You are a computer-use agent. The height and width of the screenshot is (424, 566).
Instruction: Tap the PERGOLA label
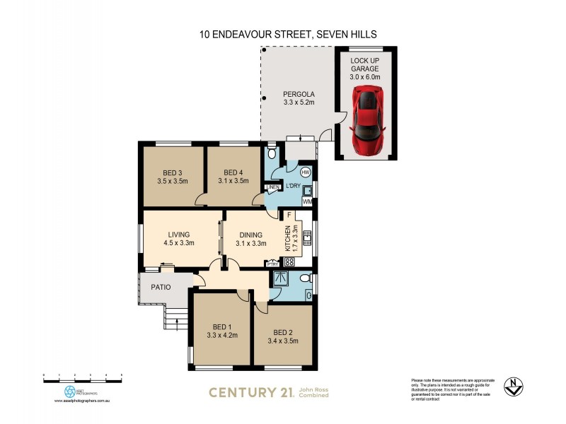pos(298,94)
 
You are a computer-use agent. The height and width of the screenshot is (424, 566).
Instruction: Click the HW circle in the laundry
pos(306,172)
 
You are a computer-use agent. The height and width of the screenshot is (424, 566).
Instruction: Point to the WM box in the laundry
pos(306,202)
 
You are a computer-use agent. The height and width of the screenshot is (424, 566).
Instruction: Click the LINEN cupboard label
pos(272,187)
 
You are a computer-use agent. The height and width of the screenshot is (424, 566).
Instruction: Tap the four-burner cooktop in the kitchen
pos(289,261)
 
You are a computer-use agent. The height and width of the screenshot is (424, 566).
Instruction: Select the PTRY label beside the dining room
pos(272,264)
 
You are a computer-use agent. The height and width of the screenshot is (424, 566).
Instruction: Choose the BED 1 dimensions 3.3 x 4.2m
pos(221,335)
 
